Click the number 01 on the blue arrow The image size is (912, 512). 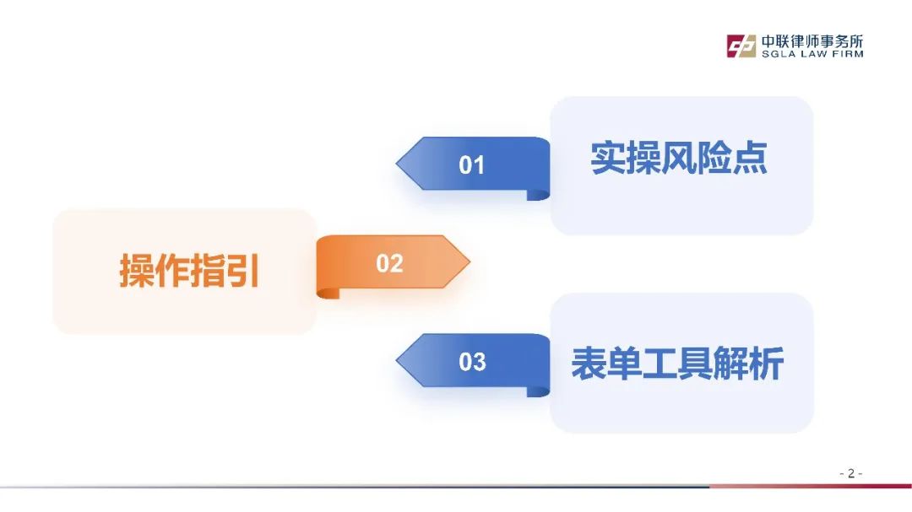pos(471,165)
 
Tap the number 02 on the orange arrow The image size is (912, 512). pos(389,264)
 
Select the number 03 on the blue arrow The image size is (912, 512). pos(472,362)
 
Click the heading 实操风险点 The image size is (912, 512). pos(679,158)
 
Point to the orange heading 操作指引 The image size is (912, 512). pos(189,270)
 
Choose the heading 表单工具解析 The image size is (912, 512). pos(677,364)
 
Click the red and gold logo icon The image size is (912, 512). pos(741,46)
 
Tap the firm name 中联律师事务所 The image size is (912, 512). pos(812,41)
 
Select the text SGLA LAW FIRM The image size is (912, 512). pos(812,54)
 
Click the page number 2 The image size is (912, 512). pos(851,474)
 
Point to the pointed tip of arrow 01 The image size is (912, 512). pos(397,164)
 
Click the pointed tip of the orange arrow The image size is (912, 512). pos(470,261)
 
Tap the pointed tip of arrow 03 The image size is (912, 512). pos(397,360)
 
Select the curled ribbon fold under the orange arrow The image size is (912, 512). pos(328,293)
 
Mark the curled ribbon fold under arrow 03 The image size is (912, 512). pos(538,391)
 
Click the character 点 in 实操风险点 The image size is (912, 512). pos(750,158)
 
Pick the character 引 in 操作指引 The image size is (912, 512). pos(242,270)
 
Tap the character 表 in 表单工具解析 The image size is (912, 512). pos(589,364)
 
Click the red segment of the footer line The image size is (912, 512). pos(810,486)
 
